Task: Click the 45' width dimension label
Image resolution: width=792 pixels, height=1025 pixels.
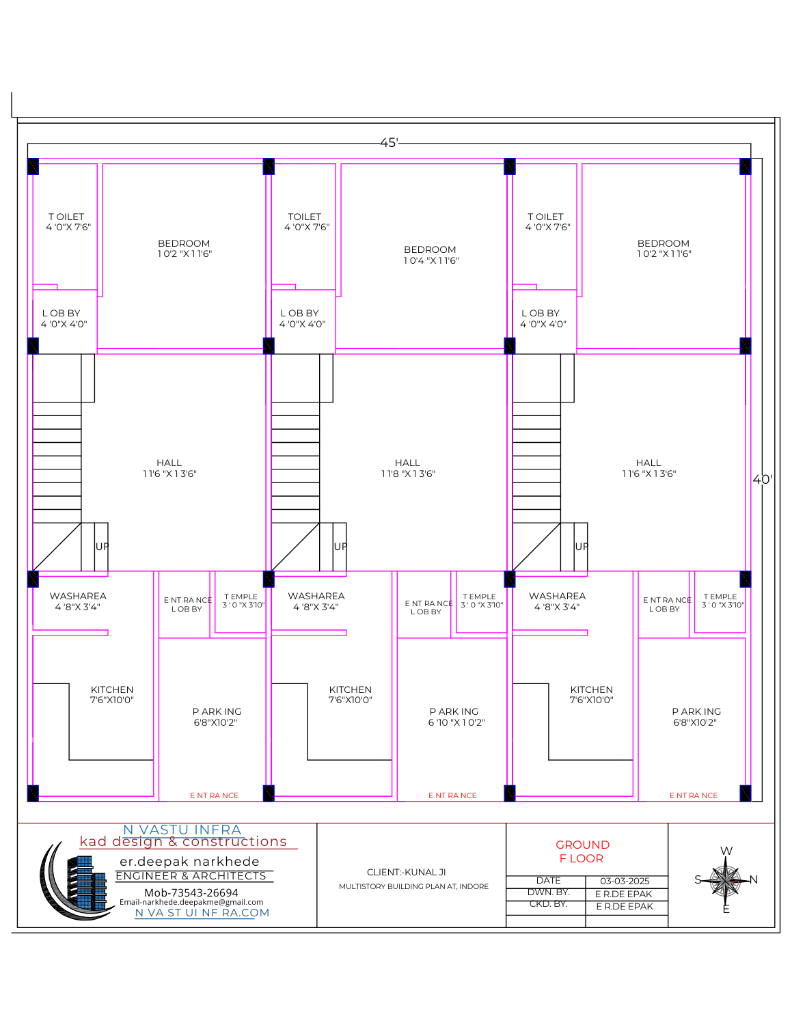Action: [x=389, y=142]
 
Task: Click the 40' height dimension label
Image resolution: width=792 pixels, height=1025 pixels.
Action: [x=762, y=479]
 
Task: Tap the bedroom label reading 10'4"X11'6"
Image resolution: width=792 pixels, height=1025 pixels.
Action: [x=431, y=255]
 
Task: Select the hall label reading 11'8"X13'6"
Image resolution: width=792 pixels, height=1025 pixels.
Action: [x=408, y=468]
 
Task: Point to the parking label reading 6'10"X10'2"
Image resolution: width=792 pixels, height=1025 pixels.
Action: [x=456, y=717]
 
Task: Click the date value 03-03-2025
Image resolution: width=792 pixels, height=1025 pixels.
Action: [x=625, y=881]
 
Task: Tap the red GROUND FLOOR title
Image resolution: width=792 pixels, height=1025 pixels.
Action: [x=582, y=851]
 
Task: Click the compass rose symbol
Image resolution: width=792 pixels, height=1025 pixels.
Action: [x=726, y=879]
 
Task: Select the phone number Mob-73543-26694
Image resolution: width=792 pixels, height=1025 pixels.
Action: [x=191, y=892]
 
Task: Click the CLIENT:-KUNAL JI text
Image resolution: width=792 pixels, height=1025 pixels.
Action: [x=406, y=872]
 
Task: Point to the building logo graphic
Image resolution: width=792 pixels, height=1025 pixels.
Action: [x=75, y=881]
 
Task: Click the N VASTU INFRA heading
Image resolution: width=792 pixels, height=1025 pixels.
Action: [x=182, y=830]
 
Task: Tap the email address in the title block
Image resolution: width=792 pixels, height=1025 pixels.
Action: [x=191, y=902]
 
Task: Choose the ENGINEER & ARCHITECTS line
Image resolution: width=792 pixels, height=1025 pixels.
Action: [x=191, y=875]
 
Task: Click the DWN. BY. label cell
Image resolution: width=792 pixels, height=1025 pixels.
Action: [x=548, y=892]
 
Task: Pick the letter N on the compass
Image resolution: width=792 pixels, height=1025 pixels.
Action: [x=753, y=879]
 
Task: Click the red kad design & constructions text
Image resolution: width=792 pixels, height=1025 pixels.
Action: [x=183, y=841]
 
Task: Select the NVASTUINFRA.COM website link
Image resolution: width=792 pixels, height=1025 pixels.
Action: [x=202, y=913]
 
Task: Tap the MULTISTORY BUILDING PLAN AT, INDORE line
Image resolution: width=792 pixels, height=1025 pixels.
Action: [x=413, y=886]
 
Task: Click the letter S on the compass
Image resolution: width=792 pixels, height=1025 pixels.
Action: [x=698, y=879]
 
